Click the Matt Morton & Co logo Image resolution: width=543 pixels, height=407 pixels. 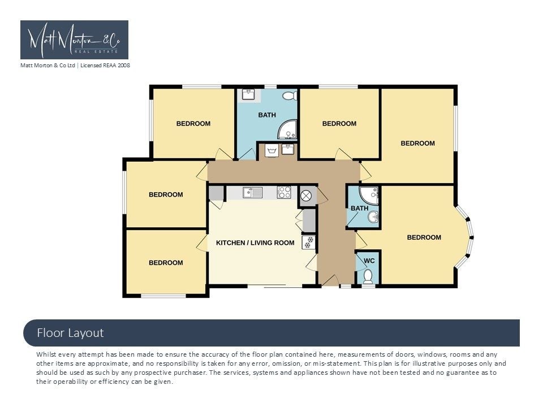(74, 40)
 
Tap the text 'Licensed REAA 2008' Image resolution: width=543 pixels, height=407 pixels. (105, 65)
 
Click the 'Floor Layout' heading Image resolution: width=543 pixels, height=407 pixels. (70, 333)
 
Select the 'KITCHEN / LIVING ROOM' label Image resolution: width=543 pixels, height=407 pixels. (255, 243)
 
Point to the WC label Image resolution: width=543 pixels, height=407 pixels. (369, 261)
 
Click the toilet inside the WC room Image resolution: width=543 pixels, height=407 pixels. (368, 277)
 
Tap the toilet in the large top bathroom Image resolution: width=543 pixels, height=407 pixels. (290, 96)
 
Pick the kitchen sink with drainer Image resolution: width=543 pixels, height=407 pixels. (252, 192)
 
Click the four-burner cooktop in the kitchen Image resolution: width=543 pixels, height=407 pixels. (284, 192)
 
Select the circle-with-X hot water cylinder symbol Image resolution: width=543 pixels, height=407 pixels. (306, 196)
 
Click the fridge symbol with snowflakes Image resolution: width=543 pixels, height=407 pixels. (309, 242)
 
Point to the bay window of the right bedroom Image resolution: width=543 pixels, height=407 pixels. (465, 237)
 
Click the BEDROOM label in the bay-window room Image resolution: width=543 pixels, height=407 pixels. (424, 237)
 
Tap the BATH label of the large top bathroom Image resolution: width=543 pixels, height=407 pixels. (267, 115)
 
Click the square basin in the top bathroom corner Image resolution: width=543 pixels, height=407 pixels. (248, 94)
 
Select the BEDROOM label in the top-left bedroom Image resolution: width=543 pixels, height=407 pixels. (193, 124)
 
